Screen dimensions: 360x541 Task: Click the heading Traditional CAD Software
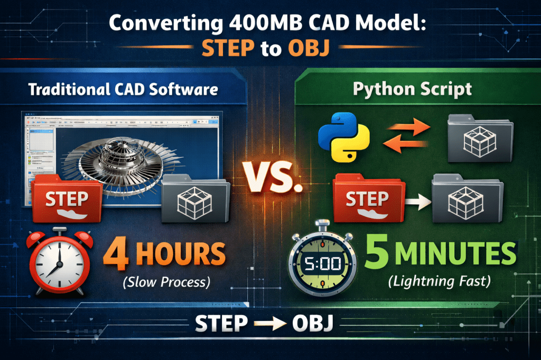[123, 88]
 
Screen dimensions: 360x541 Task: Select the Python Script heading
[412, 88]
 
